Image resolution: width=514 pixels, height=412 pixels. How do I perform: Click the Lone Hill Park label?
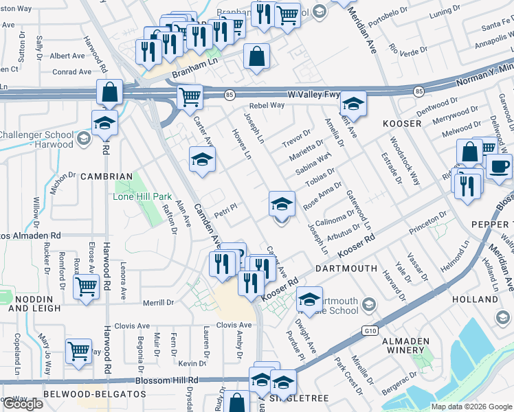point(142,196)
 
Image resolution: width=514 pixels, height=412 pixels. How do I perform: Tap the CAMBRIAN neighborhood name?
point(107,176)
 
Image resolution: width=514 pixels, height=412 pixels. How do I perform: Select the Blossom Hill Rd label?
point(170,380)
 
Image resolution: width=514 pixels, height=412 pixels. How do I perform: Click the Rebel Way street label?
point(267,105)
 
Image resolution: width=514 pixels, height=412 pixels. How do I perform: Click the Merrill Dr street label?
point(159,302)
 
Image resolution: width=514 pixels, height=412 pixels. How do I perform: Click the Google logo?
point(22,404)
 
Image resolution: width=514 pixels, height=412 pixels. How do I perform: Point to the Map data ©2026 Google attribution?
point(471,407)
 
